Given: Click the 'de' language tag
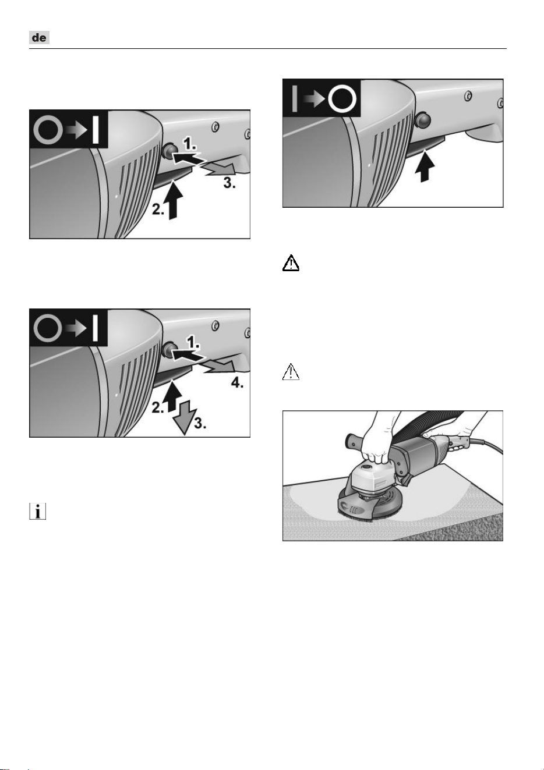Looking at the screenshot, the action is coord(39,37).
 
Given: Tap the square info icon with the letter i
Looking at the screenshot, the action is coord(37,511).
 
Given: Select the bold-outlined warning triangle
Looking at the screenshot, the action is coord(291,263).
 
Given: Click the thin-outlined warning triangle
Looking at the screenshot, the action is coord(291,371).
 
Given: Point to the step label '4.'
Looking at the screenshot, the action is coord(237,382).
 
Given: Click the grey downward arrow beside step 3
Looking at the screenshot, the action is coord(185,417).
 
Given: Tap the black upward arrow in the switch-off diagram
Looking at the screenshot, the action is coord(425,166).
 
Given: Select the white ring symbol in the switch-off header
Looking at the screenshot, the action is coord(342,99).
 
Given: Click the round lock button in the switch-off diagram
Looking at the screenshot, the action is coord(423,120).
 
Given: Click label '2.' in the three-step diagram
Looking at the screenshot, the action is coord(158,210).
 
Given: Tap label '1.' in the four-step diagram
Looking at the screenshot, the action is coord(193,342).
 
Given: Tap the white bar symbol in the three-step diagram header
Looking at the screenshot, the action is coord(96,130).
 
